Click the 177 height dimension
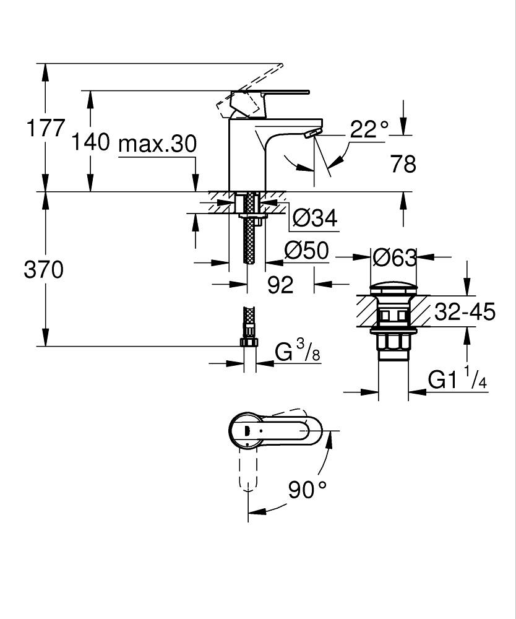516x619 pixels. pyautogui.click(x=45, y=129)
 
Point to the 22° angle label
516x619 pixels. pyautogui.click(x=369, y=129)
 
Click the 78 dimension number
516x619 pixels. pyautogui.click(x=403, y=164)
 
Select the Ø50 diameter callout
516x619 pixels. pyautogui.click(x=306, y=251)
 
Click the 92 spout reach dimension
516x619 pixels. pyautogui.click(x=280, y=285)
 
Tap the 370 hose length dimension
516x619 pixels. pyautogui.click(x=43, y=270)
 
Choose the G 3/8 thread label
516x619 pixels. pyautogui.click(x=297, y=353)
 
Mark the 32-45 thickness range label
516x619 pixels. pyautogui.click(x=465, y=313)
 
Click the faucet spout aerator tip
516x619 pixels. pyautogui.click(x=313, y=133)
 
